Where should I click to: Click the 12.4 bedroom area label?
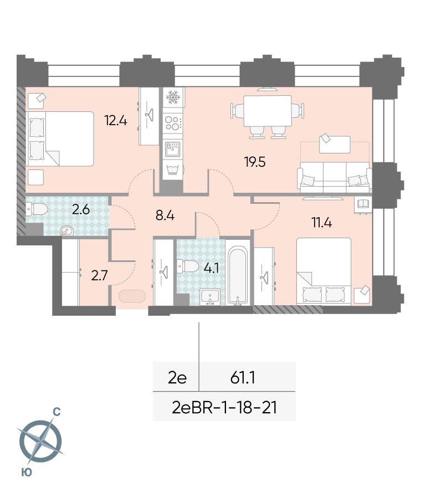pyautogui.click(x=116, y=120)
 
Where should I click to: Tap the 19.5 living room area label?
pyautogui.click(x=255, y=162)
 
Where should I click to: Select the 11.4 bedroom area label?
pyautogui.click(x=322, y=223)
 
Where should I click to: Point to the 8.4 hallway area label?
pyautogui.click(x=165, y=215)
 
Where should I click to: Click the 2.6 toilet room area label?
pyautogui.click(x=81, y=209)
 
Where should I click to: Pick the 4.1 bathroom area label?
pyautogui.click(x=211, y=268)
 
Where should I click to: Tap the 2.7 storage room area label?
pyautogui.click(x=99, y=275)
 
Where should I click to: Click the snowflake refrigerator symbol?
pyautogui.click(x=173, y=97)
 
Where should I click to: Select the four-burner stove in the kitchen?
pyautogui.click(x=173, y=123)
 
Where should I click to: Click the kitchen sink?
pyautogui.click(x=173, y=148)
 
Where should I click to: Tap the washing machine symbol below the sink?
pyautogui.click(x=173, y=170)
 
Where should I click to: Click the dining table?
pyautogui.click(x=267, y=111)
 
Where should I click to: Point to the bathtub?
pyautogui.click(x=238, y=276)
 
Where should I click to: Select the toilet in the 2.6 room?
pyautogui.click(x=37, y=209)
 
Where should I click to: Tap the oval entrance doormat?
pyautogui.click(x=132, y=296)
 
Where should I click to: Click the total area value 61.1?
pyautogui.click(x=243, y=377)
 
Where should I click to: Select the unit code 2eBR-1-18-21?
pyautogui.click(x=224, y=407)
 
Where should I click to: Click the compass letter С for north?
pyautogui.click(x=57, y=412)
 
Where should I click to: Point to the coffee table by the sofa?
pyautogui.click(x=335, y=145)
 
